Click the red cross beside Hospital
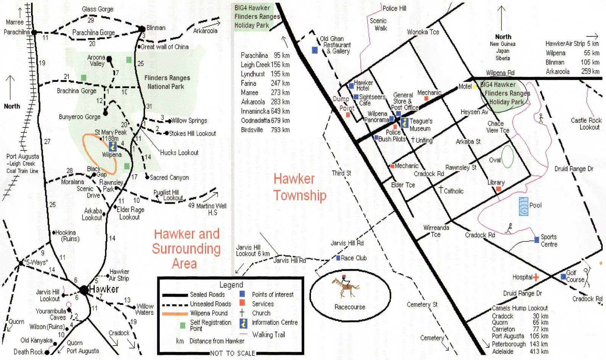point(536,277)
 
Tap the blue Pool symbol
point(523,206)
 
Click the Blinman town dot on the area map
point(142,29)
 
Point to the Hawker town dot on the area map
point(84,290)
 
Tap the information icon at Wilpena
point(112,146)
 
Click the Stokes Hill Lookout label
point(192,134)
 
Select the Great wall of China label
point(164,47)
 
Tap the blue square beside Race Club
point(338,258)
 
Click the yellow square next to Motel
point(474,87)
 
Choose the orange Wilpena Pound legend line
point(175,313)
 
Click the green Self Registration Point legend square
point(183,325)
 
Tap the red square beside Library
point(498,189)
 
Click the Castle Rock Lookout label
point(586,124)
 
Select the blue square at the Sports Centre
point(537,240)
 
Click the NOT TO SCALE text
point(233,353)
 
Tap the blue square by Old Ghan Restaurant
point(315,50)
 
